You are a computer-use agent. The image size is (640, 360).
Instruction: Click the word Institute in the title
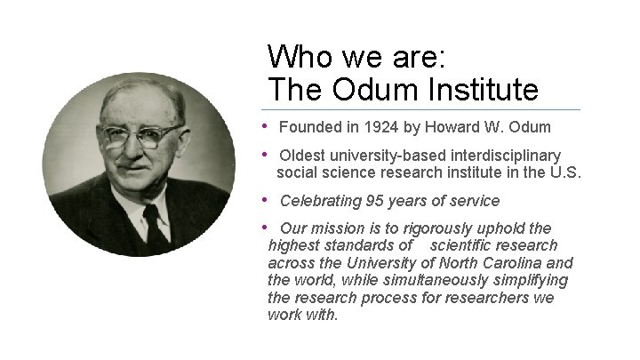(x=484, y=89)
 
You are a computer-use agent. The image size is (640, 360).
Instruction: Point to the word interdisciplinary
(x=509, y=156)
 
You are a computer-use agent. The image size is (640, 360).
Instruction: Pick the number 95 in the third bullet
(x=375, y=201)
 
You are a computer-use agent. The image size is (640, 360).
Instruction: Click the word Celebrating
(x=320, y=201)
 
